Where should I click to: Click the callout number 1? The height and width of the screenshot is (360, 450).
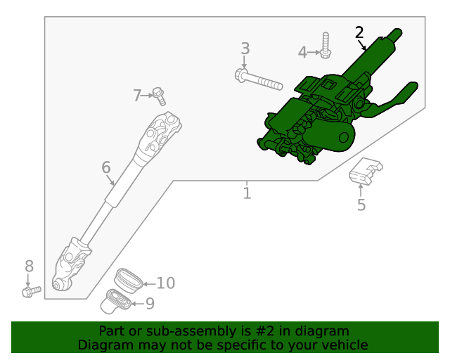pyautogui.click(x=247, y=193)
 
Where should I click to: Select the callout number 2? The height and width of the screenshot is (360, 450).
pyautogui.click(x=359, y=32)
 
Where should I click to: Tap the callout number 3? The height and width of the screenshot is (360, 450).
pyautogui.click(x=245, y=49)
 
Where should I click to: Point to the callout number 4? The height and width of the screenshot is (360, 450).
pyautogui.click(x=302, y=52)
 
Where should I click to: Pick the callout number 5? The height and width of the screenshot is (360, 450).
pyautogui.click(x=361, y=205)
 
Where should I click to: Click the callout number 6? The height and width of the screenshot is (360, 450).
pyautogui.click(x=106, y=167)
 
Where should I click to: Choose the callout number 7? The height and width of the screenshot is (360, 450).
pyautogui.click(x=137, y=96)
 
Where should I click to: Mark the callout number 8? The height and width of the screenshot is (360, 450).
pyautogui.click(x=29, y=266)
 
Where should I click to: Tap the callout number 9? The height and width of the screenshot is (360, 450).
pyautogui.click(x=149, y=304)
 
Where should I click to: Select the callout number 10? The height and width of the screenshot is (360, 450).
pyautogui.click(x=165, y=283)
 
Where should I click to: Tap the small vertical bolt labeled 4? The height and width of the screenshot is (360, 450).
pyautogui.click(x=326, y=44)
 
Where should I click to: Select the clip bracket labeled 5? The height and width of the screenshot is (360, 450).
pyautogui.click(x=365, y=171)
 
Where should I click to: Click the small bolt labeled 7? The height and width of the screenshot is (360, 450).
pyautogui.click(x=159, y=94)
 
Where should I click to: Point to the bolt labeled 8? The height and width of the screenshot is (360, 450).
pyautogui.click(x=30, y=290)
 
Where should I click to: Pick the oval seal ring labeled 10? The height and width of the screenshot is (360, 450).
pyautogui.click(x=128, y=277)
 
